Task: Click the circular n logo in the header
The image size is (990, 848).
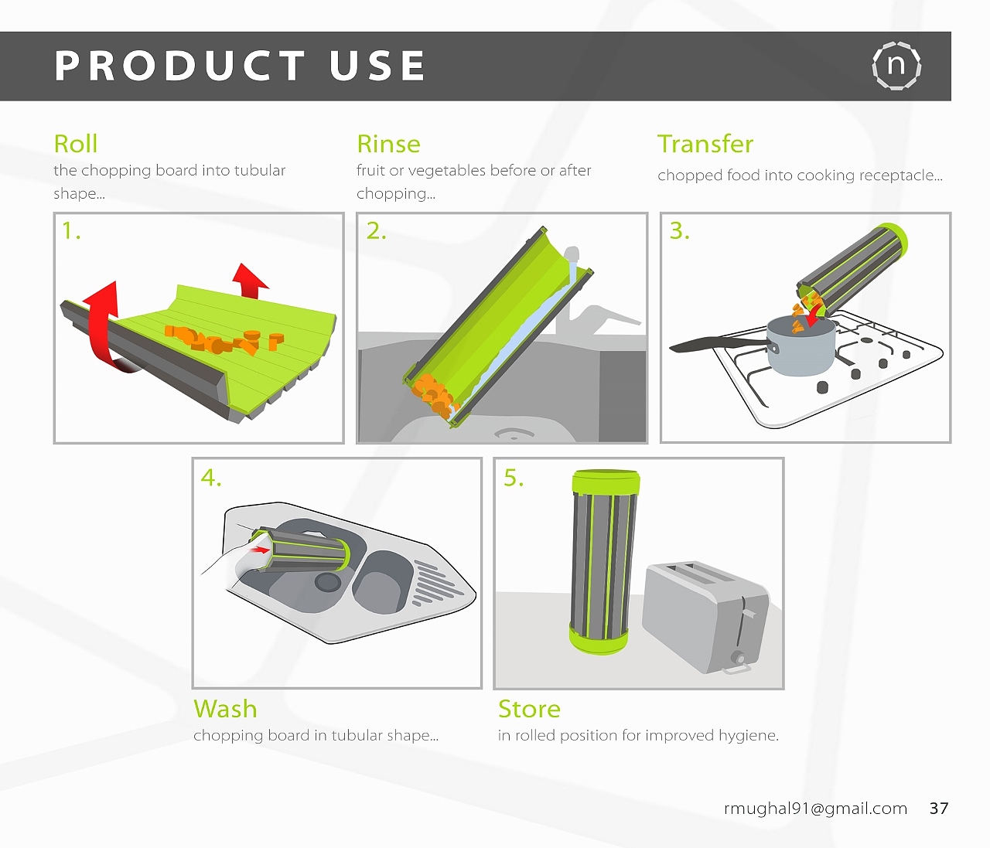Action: point(896,66)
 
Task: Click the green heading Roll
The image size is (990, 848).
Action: point(76,144)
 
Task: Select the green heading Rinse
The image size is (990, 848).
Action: point(388,144)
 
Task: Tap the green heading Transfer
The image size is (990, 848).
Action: point(705,144)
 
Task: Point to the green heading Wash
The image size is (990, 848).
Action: point(225,709)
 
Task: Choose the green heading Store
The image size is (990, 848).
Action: point(529,709)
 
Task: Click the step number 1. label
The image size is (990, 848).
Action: point(71,231)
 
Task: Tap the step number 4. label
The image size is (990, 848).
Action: point(210,478)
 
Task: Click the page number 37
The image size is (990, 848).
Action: point(939,809)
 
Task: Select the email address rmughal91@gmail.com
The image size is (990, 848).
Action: point(815,809)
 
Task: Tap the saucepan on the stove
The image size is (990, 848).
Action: point(801,345)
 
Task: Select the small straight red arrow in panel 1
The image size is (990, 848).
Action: point(249,281)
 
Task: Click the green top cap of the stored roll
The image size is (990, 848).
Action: point(606,482)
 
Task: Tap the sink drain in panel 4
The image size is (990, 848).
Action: point(328,582)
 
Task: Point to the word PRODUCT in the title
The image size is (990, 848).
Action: point(179,66)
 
